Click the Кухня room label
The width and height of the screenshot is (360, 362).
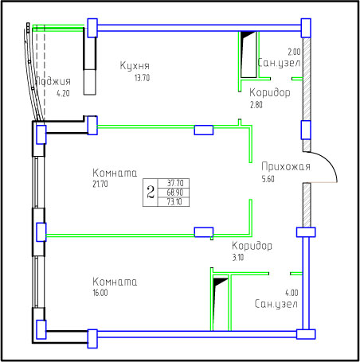[135, 65]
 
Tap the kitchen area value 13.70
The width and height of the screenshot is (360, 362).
[142, 78]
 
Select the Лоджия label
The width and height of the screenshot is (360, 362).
[53, 81]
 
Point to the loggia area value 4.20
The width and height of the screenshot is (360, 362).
[63, 93]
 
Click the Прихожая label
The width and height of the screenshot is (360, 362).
[286, 166]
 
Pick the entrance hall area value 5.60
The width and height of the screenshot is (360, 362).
[268, 179]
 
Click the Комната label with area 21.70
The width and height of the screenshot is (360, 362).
[115, 173]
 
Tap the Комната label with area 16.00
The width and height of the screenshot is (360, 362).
[115, 282]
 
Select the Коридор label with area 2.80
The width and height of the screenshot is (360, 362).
[270, 92]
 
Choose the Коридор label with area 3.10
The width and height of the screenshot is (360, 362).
[252, 246]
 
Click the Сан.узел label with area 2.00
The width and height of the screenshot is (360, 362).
[279, 63]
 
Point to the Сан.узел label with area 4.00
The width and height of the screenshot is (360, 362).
[276, 304]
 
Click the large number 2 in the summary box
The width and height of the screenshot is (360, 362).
[151, 193]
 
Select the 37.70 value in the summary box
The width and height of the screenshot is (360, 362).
[175, 183]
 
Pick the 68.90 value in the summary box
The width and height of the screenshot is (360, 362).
[175, 193]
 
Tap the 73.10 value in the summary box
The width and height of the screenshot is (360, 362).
[174, 201]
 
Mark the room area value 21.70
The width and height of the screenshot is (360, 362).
[100, 184]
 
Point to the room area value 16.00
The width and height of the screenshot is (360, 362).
[100, 293]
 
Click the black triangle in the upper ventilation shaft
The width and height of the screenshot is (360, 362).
[246, 35]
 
